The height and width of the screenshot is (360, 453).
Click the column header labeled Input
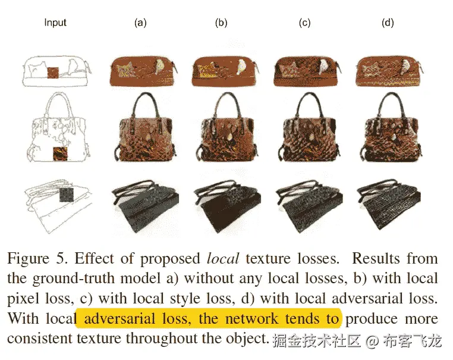click(55, 23)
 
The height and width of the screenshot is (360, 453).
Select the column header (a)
click(140, 23)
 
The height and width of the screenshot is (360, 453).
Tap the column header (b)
click(221, 23)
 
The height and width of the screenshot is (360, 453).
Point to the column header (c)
click(304, 23)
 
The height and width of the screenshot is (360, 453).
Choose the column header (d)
click(387, 23)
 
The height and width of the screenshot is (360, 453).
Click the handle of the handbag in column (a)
click(140, 104)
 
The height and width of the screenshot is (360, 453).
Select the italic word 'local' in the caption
click(222, 259)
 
